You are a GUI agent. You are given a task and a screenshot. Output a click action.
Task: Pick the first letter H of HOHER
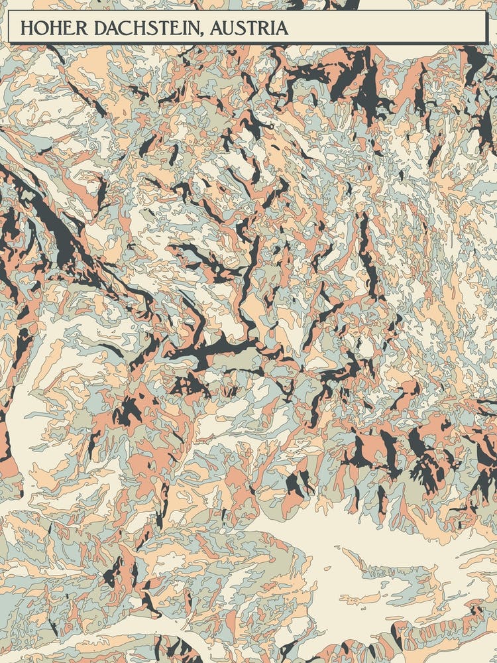pyautogui.click(x=26, y=28)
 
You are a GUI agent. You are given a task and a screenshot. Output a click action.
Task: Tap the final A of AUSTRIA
pyautogui.click(x=283, y=28)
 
